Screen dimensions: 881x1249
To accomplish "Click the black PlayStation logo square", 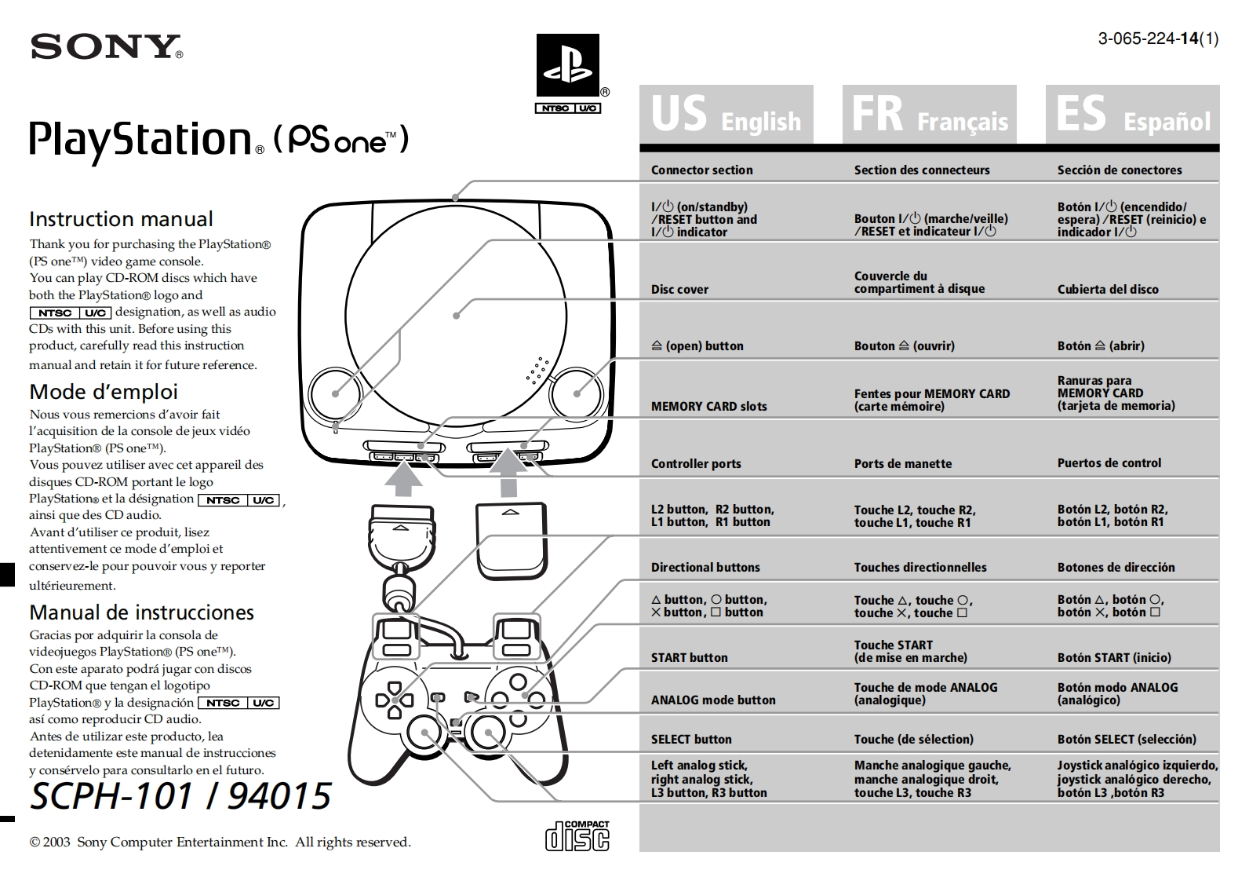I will tap(567, 65).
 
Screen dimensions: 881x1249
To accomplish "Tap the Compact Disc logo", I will tap(577, 835).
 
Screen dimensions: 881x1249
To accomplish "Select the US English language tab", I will tap(726, 115).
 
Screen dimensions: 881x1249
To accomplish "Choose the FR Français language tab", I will tap(929, 115).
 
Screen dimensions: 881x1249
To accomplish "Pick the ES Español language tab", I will tap(1132, 115).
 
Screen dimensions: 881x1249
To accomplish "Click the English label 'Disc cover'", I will tap(679, 289).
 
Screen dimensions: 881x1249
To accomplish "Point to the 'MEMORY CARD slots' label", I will tap(708, 406).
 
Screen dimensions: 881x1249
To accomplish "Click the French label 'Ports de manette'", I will tap(902, 463).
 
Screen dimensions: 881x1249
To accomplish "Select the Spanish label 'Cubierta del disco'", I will tap(1107, 289).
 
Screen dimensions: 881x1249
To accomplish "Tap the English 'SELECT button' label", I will tap(690, 739).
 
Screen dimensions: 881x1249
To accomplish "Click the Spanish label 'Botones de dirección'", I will tap(1116, 567).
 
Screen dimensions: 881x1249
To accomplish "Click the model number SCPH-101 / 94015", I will tap(180, 795).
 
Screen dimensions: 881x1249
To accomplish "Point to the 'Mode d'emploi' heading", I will tap(104, 391).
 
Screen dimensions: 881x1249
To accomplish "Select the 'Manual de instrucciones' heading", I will tap(141, 612).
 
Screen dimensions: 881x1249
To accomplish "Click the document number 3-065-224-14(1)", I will tap(1158, 38).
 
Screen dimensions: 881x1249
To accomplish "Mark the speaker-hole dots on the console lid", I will tap(537, 371).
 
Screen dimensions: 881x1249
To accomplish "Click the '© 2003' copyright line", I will tap(220, 842).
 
